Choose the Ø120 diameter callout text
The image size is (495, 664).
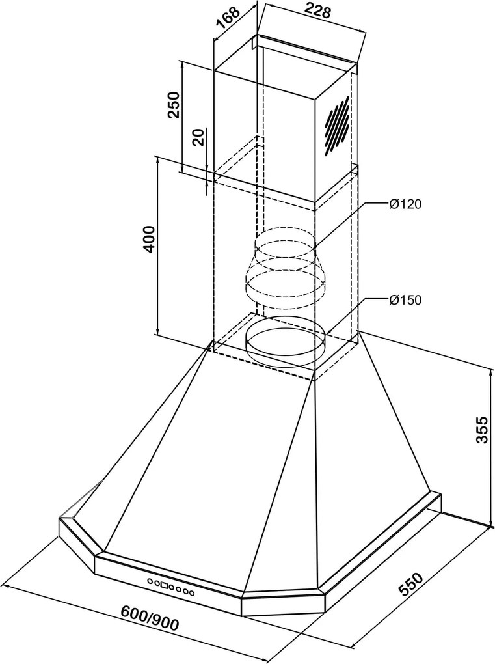(x=405, y=204)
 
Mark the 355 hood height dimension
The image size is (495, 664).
(x=481, y=430)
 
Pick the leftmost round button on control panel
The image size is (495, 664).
(x=150, y=581)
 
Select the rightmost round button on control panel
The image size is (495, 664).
(x=192, y=593)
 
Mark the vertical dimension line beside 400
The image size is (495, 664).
(x=157, y=247)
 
